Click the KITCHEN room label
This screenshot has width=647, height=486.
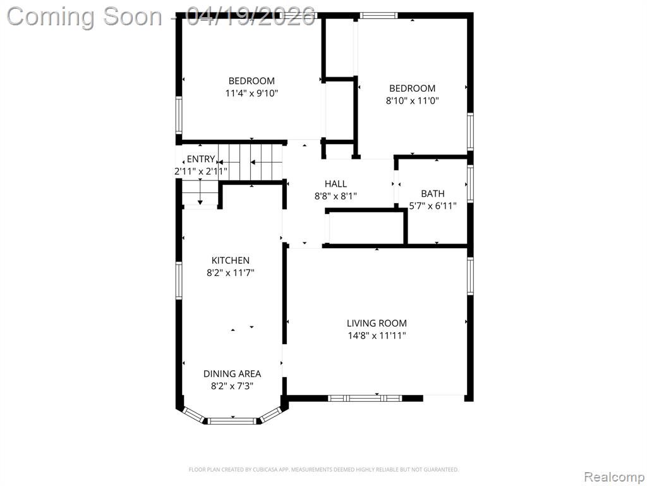pyautogui.click(x=230, y=260)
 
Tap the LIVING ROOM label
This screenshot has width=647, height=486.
pyautogui.click(x=377, y=323)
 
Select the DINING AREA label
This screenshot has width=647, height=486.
pyautogui.click(x=232, y=373)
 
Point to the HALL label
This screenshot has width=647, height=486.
pyautogui.click(x=336, y=184)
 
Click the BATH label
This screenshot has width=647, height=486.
pyautogui.click(x=433, y=194)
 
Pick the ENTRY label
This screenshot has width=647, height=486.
pyautogui.click(x=200, y=159)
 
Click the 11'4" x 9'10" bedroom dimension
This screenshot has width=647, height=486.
pyautogui.click(x=251, y=94)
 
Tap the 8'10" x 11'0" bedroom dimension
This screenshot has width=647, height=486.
pyautogui.click(x=412, y=101)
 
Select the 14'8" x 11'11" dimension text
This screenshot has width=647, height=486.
pyautogui.click(x=377, y=335)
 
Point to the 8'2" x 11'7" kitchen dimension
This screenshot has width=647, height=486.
pyautogui.click(x=230, y=273)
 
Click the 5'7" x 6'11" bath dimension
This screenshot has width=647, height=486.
pyautogui.click(x=433, y=206)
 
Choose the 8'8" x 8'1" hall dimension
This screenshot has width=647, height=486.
pyautogui.click(x=336, y=196)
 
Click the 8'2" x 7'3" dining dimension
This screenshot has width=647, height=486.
pyautogui.click(x=232, y=386)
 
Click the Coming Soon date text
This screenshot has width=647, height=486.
pyautogui.click(x=161, y=17)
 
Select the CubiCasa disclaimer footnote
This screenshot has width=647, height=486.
pyautogui.click(x=323, y=470)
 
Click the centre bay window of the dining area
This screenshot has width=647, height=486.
pyautogui.click(x=233, y=421)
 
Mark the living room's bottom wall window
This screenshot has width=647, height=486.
pyautogui.click(x=365, y=399)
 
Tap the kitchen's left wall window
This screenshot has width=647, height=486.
pyautogui.click(x=179, y=280)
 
